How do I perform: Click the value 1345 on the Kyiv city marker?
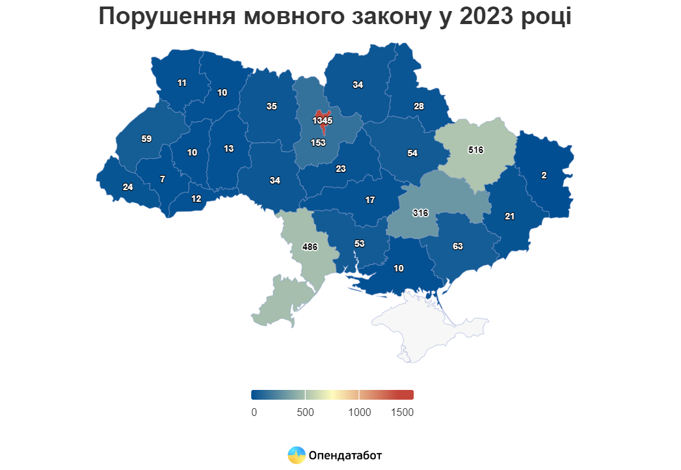322,120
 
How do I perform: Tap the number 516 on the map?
475,150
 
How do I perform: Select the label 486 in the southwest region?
310,247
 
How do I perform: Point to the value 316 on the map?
420,213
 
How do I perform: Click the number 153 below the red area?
318,142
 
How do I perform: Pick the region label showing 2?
544,175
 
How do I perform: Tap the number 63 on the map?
457,246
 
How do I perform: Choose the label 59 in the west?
146,139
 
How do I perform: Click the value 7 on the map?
162,179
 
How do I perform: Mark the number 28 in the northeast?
418,106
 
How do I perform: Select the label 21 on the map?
509,216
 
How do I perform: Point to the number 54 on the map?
412,153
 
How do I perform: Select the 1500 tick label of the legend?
403,412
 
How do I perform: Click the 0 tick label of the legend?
254,412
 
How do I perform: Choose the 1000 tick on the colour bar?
359,394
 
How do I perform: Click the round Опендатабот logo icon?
297,455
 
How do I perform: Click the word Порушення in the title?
167,16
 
